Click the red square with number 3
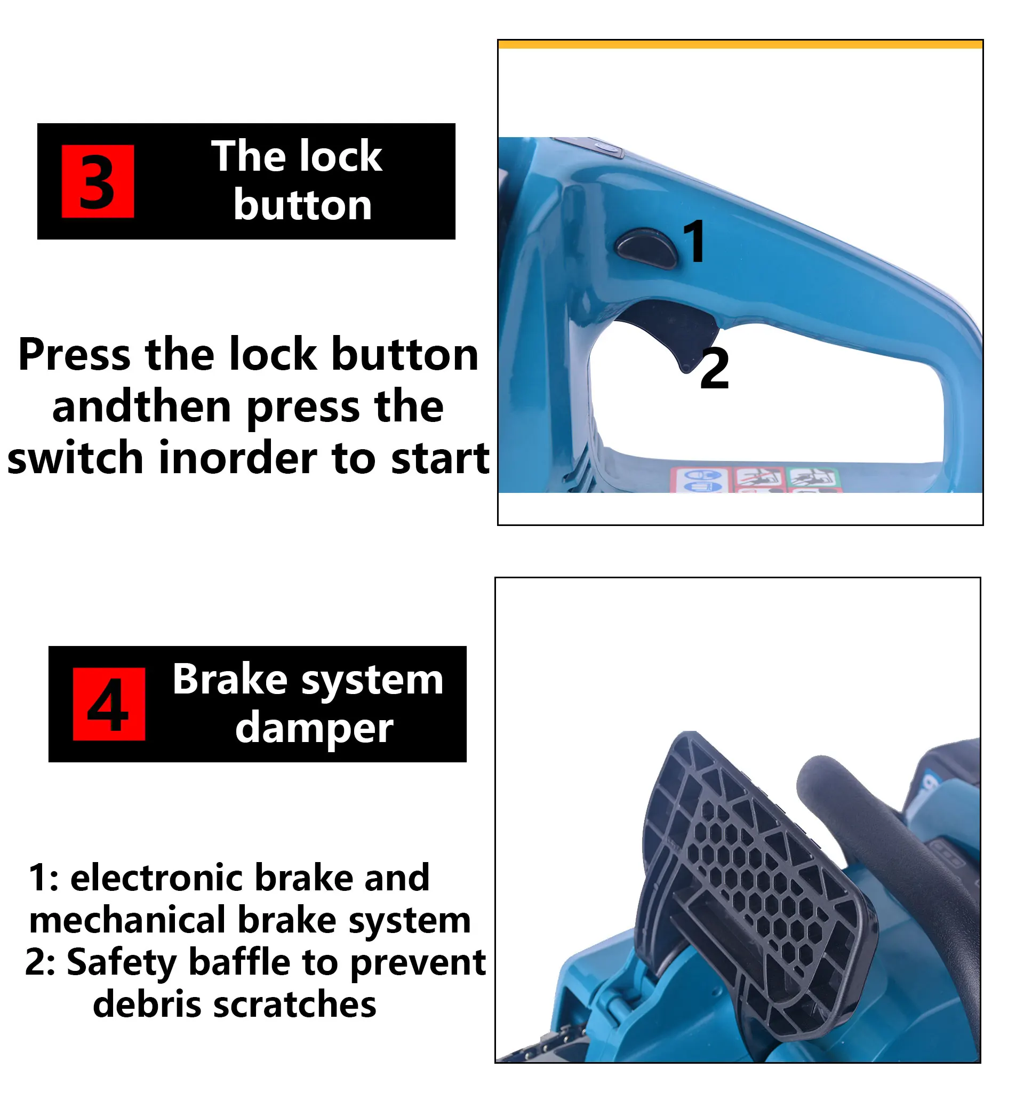click(x=98, y=182)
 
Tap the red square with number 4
click(x=109, y=705)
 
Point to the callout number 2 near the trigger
click(x=714, y=369)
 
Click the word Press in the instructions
click(x=75, y=355)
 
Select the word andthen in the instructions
click(x=142, y=407)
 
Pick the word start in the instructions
click(x=441, y=459)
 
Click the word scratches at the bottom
click(x=295, y=1005)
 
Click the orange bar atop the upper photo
click(x=740, y=44)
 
